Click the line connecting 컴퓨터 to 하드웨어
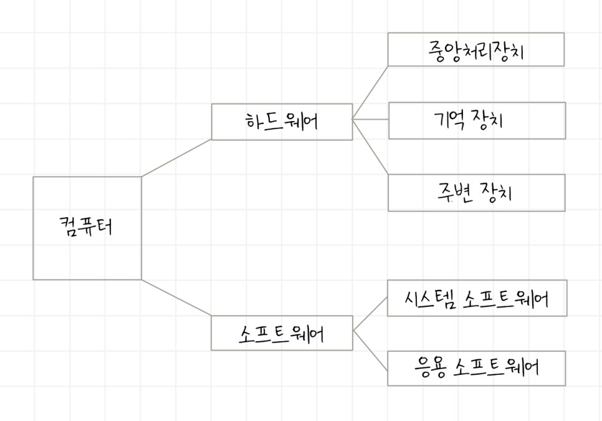176,157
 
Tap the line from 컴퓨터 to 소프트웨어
176,298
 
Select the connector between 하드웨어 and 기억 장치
370,119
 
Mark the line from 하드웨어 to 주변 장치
370,146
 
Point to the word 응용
431,367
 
